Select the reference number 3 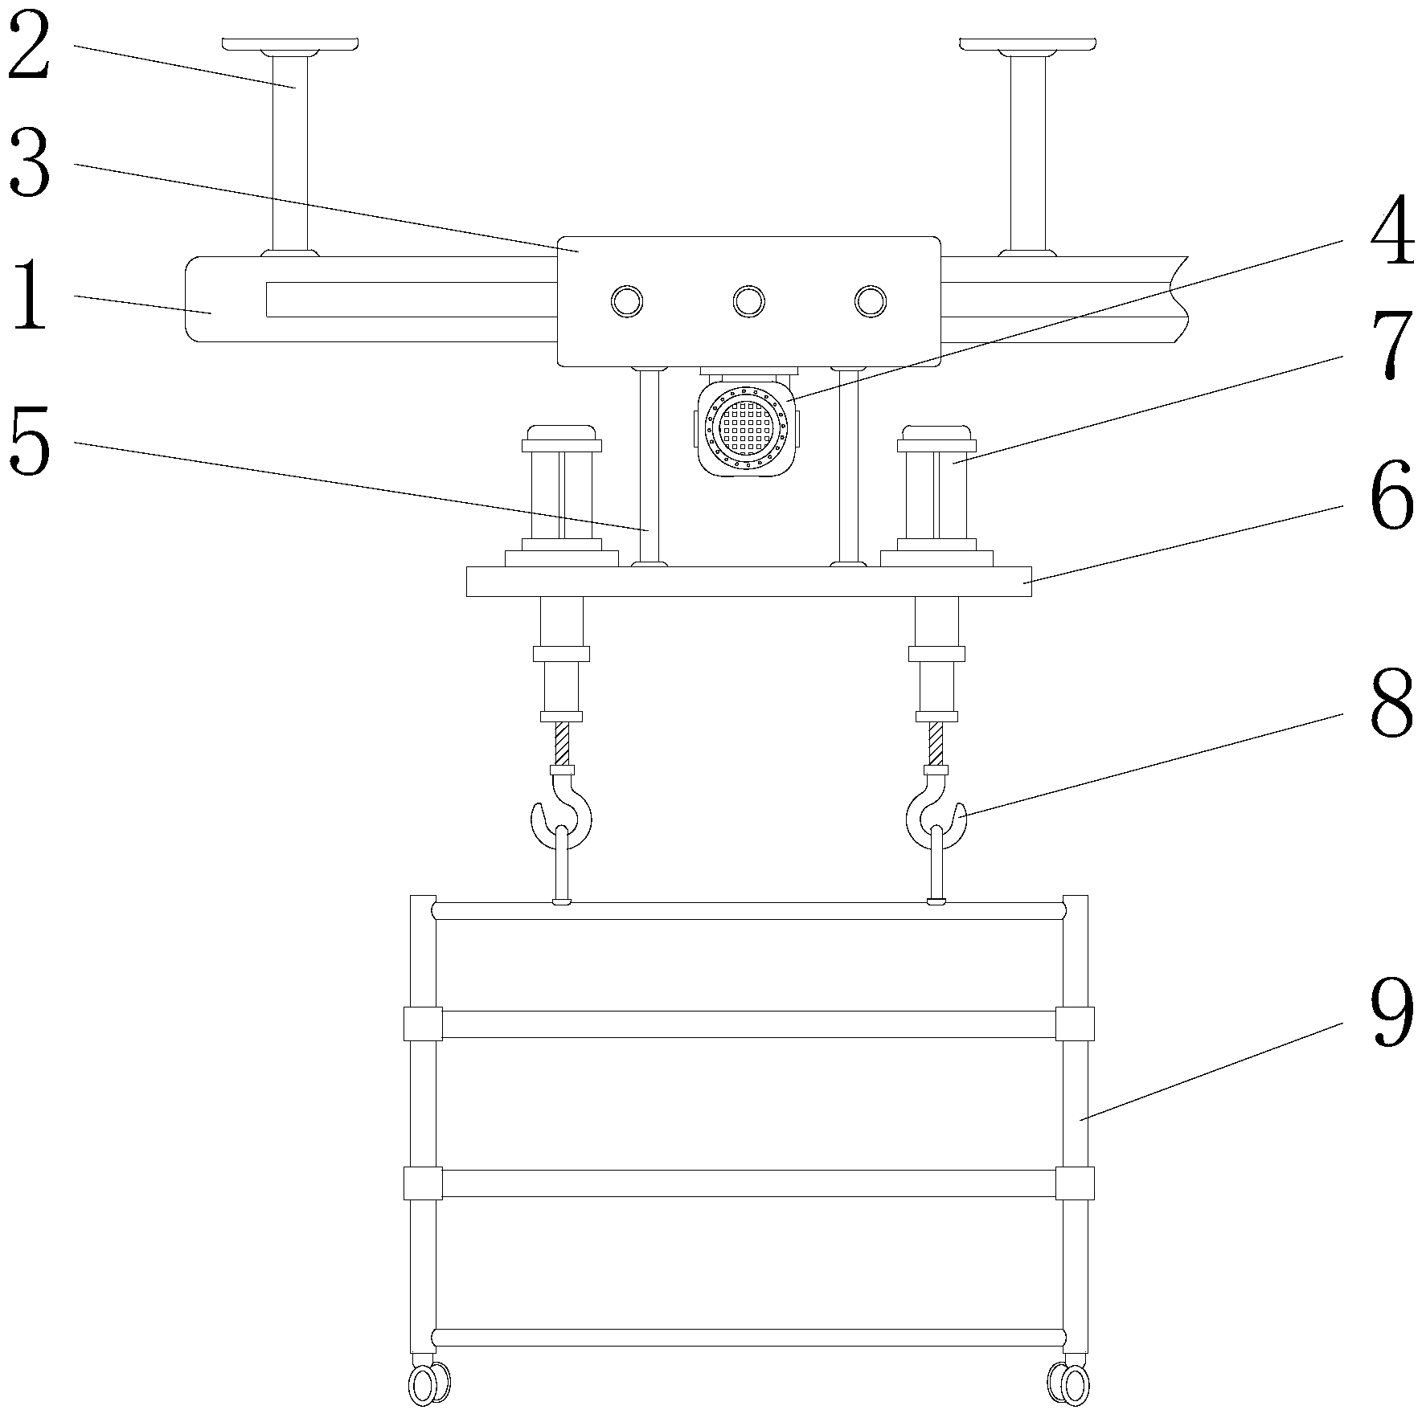(x=30, y=166)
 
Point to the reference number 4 (x=1391, y=232)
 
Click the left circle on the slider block (x=627, y=301)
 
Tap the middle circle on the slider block (x=748, y=301)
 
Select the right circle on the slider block (x=870, y=301)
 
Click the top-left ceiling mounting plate (x=290, y=43)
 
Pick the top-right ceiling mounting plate (x=1027, y=43)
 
